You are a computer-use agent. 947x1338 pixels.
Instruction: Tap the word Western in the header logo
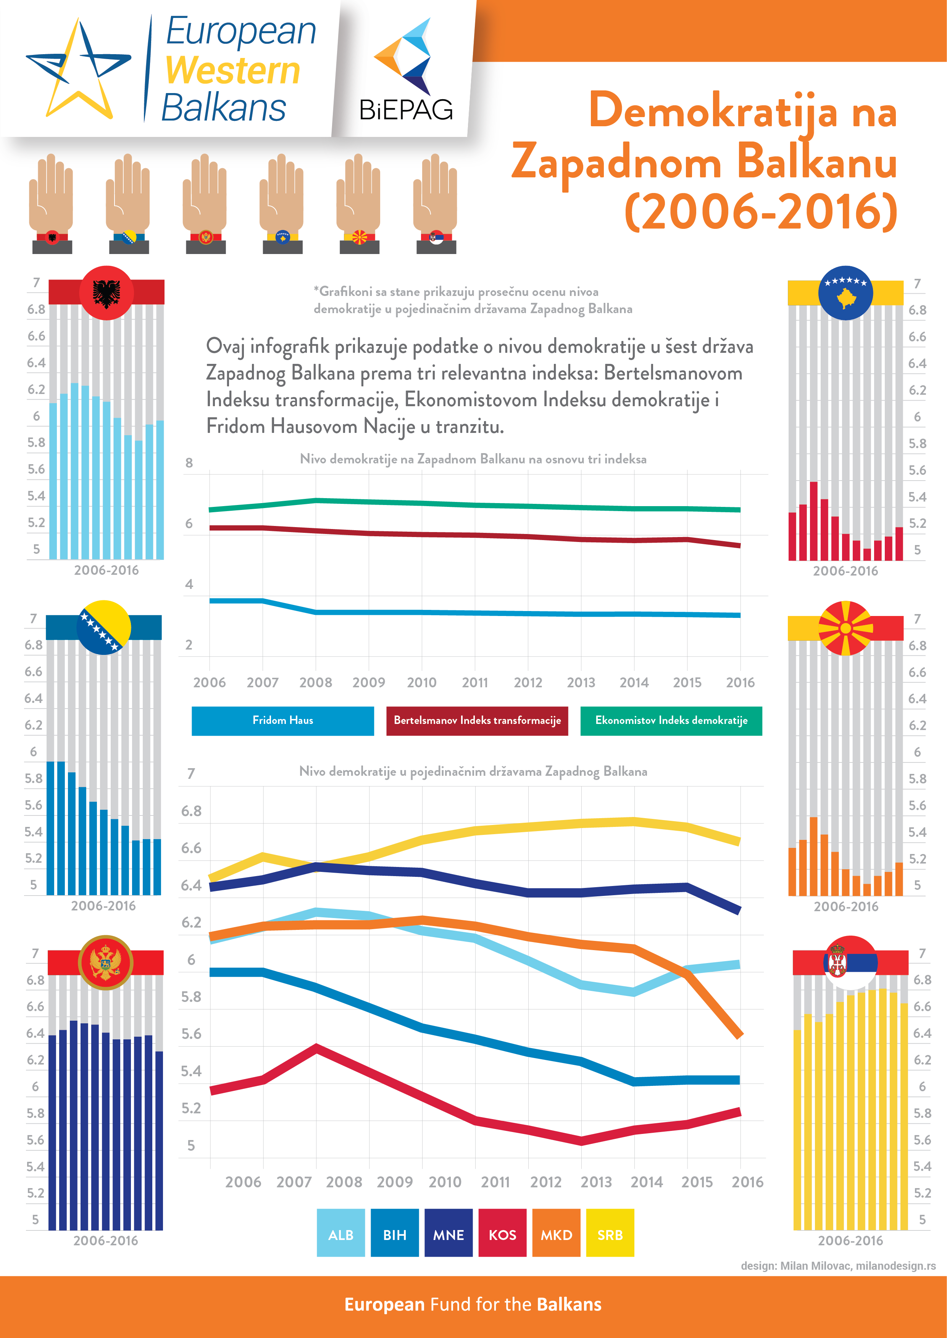(233, 71)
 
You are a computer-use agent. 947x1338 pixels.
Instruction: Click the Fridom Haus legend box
(283, 721)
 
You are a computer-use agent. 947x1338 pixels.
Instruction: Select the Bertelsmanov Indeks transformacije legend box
(477, 721)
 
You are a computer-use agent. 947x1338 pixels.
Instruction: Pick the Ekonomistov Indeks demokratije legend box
(671, 721)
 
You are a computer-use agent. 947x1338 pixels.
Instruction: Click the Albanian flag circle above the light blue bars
(106, 293)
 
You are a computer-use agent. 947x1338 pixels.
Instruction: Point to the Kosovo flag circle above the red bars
(845, 293)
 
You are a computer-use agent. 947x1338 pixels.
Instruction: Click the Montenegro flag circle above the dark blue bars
(106, 962)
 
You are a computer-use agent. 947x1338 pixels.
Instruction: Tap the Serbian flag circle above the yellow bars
(850, 962)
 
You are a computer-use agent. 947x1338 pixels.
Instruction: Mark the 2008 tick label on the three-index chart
(315, 682)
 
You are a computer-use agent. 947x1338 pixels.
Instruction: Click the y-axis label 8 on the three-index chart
(189, 463)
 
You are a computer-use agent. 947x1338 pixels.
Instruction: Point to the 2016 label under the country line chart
(747, 1182)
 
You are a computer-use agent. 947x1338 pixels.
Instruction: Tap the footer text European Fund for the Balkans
(473, 1304)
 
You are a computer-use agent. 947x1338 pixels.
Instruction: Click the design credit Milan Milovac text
(838, 1266)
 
